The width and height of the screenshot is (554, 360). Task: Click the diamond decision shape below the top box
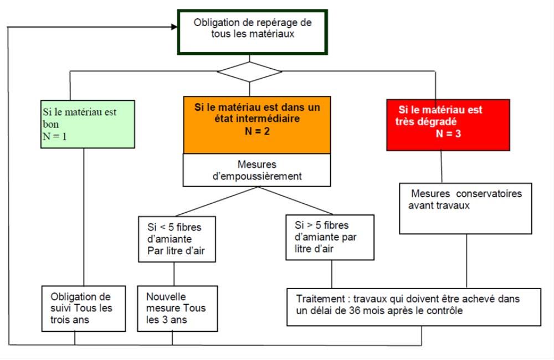249,71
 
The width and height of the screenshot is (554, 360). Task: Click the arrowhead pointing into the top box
174,27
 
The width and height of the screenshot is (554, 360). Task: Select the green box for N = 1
88,124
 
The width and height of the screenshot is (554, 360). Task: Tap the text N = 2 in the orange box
257,131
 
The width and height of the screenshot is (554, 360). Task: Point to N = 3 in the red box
448,133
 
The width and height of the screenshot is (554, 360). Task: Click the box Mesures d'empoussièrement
257,170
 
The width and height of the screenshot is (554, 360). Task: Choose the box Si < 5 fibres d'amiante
177,239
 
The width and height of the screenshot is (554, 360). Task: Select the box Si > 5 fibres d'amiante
330,238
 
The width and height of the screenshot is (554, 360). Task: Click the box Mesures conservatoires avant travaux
465,208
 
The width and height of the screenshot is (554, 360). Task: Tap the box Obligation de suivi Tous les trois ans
84,308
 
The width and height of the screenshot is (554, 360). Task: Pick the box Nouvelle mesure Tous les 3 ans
177,308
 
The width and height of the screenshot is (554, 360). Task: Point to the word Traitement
320,299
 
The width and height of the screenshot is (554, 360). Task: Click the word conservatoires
489,194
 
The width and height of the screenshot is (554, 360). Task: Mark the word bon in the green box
51,125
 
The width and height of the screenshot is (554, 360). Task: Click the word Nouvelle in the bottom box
166,296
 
